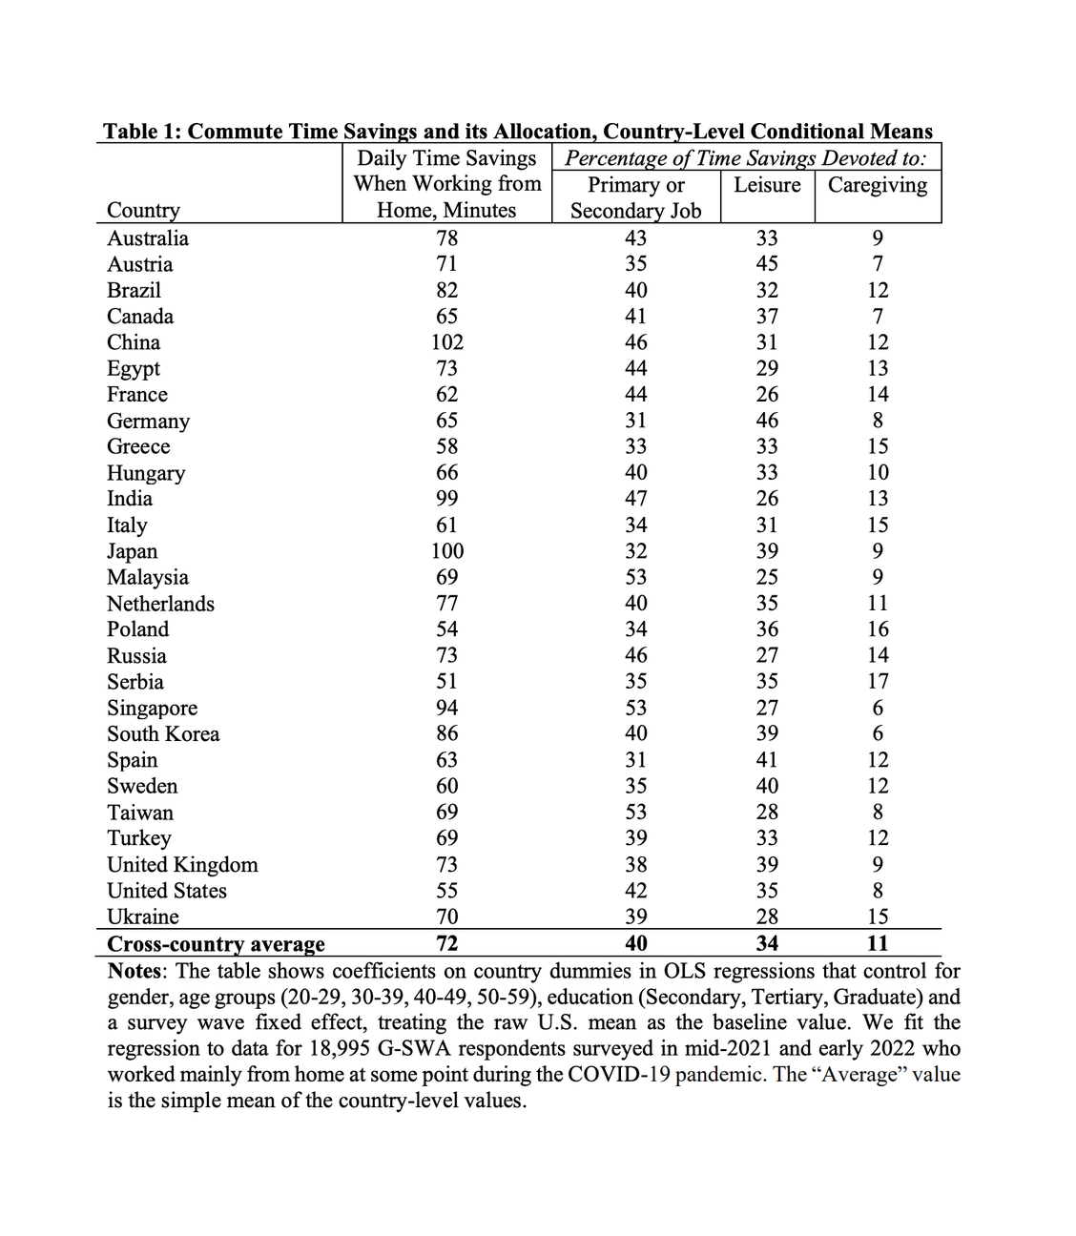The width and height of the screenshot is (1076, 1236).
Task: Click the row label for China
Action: point(134,342)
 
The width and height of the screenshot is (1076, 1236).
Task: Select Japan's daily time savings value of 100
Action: point(446,551)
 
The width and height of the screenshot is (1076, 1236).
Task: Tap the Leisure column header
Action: point(767,185)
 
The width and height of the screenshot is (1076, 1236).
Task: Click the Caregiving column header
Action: point(878,185)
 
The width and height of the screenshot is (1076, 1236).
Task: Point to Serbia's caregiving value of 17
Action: point(878,682)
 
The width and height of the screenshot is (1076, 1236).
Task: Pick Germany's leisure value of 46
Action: point(767,421)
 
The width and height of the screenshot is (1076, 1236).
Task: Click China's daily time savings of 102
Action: point(446,342)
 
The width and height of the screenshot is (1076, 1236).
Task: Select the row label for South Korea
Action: point(163,734)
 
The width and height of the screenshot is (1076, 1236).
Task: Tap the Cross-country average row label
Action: point(216,944)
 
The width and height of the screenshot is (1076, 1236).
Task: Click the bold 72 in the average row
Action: point(446,944)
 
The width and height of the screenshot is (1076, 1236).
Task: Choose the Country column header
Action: point(143,210)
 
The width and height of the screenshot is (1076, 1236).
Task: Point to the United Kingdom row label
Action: point(182,865)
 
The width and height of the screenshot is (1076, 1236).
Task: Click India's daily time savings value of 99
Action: point(446,499)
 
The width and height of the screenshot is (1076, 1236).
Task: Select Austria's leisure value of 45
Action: point(767,264)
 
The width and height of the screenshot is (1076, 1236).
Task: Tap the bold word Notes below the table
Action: point(136,971)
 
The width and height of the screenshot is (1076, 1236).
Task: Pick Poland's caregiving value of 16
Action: point(878,629)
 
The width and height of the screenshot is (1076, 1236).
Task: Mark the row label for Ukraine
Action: point(143,917)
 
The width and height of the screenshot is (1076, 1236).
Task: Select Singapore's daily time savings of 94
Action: point(446,708)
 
